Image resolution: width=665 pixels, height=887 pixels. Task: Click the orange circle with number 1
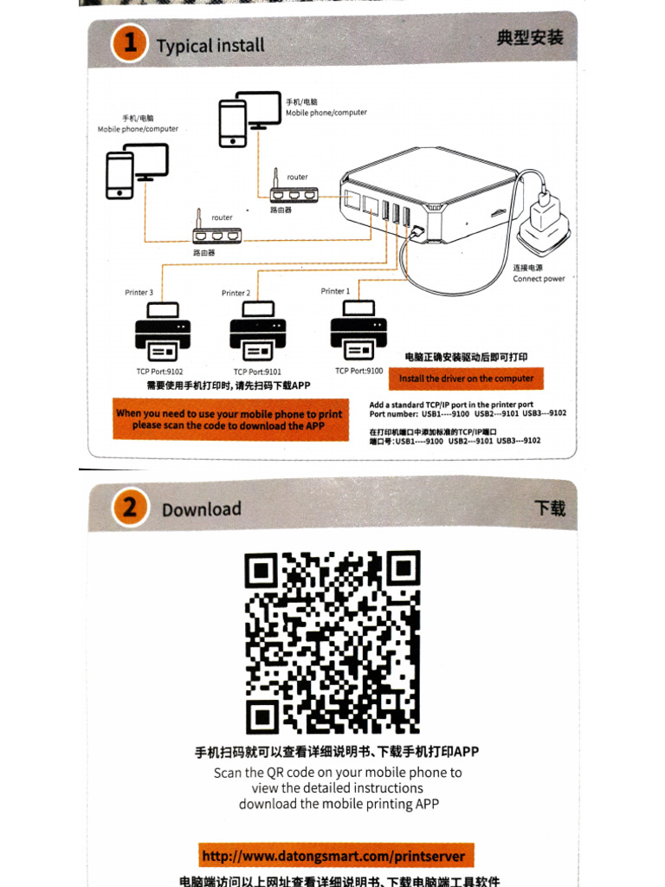tap(130, 43)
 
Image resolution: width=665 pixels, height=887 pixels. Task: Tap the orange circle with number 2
tap(129, 507)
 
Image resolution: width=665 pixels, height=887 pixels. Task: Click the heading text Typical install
tap(210, 45)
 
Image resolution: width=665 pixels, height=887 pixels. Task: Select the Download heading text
tap(202, 509)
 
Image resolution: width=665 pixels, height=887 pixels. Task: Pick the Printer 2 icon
tap(258, 333)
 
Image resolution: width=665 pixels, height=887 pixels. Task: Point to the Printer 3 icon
tap(162, 333)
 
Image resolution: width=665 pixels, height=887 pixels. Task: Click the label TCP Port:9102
tap(159, 371)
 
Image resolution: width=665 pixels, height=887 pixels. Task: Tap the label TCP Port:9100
tap(358, 370)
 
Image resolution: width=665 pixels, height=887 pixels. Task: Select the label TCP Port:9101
tap(259, 371)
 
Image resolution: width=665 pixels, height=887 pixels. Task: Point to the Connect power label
tap(539, 279)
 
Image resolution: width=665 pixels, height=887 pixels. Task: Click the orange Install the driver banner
tap(466, 379)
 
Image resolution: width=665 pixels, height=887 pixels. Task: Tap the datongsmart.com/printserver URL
tap(333, 857)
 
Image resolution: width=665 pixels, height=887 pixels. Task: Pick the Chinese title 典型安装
tap(530, 38)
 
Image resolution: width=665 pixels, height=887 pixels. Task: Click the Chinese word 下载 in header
tap(549, 508)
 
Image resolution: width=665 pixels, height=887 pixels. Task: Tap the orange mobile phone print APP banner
tap(229, 419)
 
